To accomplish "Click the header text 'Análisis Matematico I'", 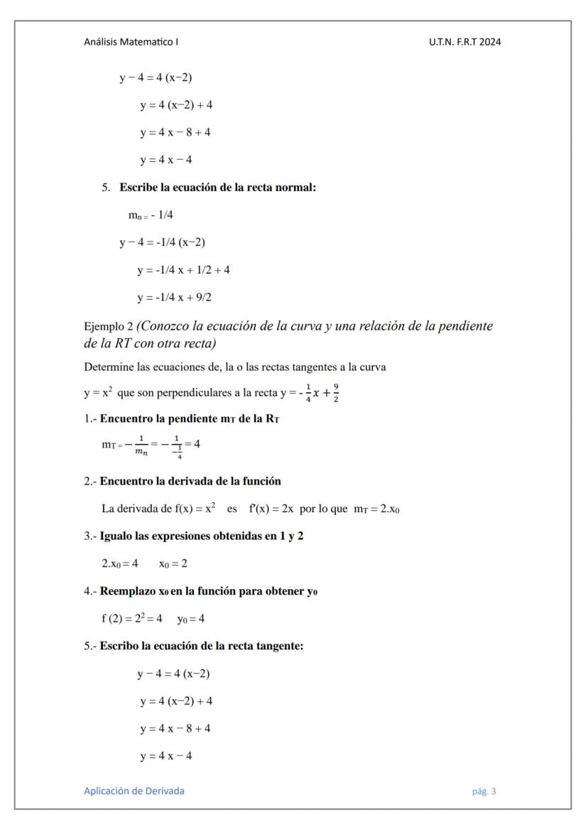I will pos(131,42).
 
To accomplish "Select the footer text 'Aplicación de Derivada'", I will pos(134,791).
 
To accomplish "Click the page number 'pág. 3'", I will pos(484,791).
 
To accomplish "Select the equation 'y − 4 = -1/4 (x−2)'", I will pos(162,242).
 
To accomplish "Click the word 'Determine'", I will pos(107,367).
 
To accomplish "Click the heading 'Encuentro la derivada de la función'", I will pos(190,481).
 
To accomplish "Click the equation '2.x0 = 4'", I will pos(119,563).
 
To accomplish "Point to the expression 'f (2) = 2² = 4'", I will pos(131,618).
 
